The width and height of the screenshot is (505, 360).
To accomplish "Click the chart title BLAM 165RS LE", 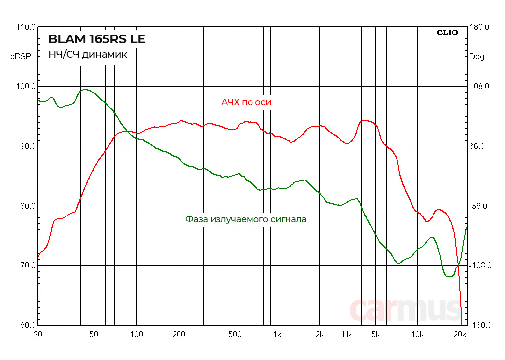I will pyautogui.click(x=97, y=39).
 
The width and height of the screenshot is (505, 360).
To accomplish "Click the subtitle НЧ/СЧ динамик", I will pyautogui.click(x=87, y=55).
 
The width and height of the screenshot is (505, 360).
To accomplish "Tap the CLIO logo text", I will pyautogui.click(x=447, y=33).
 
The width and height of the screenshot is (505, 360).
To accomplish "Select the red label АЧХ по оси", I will pyautogui.click(x=246, y=102).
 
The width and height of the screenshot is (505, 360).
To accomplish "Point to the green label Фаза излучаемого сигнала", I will pyautogui.click(x=246, y=219).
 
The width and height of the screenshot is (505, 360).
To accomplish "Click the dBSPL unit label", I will pyautogui.click(x=23, y=57).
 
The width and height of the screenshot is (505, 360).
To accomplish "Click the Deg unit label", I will pyautogui.click(x=476, y=57).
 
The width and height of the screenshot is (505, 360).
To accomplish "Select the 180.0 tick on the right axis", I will pyautogui.click(x=478, y=27).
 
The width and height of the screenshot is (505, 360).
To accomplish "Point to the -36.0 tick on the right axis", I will pyautogui.click(x=478, y=206).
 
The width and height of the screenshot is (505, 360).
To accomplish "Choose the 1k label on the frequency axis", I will pyautogui.click(x=277, y=335).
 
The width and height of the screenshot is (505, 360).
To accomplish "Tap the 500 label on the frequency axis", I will pyautogui.click(x=235, y=335).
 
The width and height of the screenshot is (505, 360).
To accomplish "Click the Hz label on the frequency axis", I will pyautogui.click(x=347, y=335).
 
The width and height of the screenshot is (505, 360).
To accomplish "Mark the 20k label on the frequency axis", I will pyautogui.click(x=460, y=335).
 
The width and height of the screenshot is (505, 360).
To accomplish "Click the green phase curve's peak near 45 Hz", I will pyautogui.click(x=85, y=89).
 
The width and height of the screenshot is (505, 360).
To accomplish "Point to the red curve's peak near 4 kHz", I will pyautogui.click(x=365, y=120).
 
